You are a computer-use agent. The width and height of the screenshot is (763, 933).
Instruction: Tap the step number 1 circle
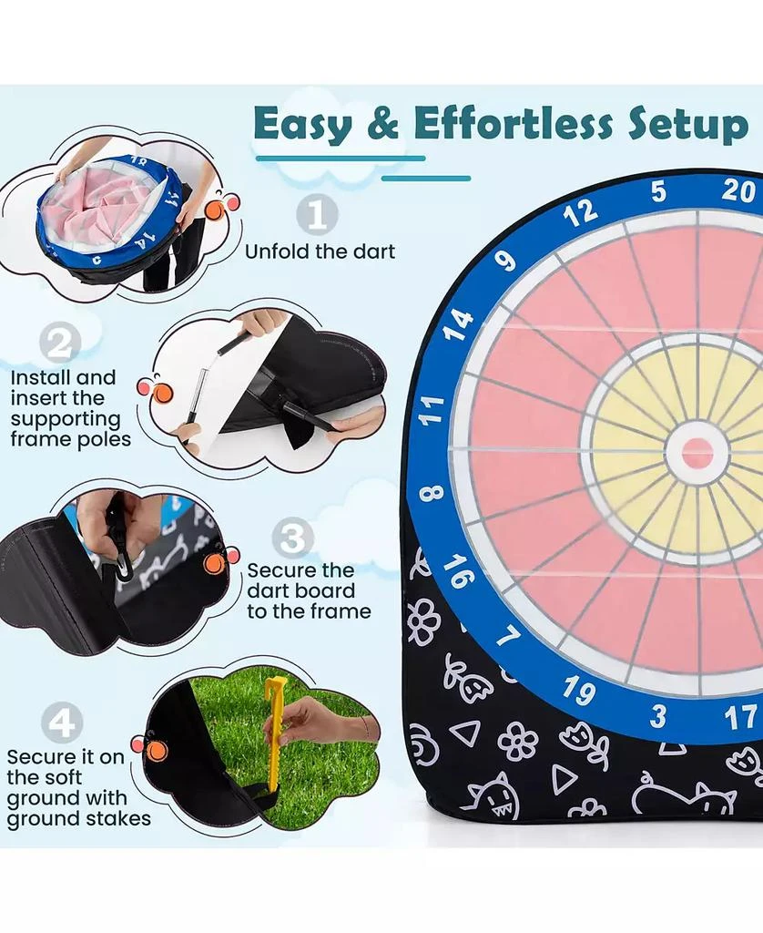[x=317, y=215]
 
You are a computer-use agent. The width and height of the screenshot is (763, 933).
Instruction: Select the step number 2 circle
[x=60, y=343]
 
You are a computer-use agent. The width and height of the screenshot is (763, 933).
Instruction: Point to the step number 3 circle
[x=292, y=538]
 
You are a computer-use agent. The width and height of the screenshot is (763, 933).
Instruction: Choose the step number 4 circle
[x=62, y=723]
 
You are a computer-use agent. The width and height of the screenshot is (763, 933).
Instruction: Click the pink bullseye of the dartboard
[x=697, y=453]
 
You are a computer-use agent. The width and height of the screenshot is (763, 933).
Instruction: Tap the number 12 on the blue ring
[x=580, y=212]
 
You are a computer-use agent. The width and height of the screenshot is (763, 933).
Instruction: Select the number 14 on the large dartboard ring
[x=458, y=325]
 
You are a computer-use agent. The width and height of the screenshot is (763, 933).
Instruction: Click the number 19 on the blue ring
[x=579, y=691]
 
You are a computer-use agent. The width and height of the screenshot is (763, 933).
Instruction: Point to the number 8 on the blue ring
[x=432, y=493]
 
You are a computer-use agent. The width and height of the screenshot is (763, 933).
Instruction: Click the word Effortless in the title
[x=513, y=124]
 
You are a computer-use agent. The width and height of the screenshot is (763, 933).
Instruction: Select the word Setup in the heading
[x=688, y=126]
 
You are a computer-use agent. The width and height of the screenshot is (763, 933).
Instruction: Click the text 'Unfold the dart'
[x=320, y=251]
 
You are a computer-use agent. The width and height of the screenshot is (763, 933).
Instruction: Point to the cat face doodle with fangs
[x=494, y=795]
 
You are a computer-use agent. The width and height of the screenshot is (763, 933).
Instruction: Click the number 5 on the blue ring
[x=657, y=191]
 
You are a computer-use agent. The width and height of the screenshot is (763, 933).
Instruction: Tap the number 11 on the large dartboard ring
[x=432, y=410]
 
